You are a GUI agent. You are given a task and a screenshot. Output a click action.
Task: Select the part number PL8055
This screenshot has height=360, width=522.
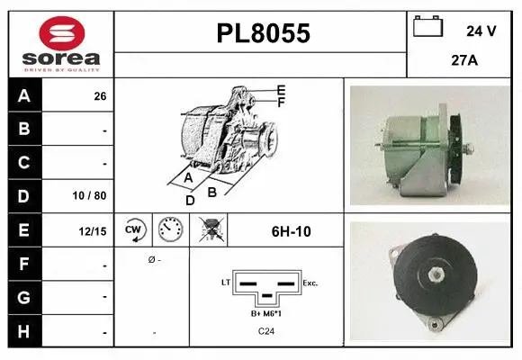[x=264, y=33]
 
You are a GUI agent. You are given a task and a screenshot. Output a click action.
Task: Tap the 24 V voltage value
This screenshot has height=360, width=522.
[x=481, y=30]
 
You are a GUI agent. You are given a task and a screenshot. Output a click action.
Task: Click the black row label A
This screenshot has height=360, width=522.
[x=23, y=95]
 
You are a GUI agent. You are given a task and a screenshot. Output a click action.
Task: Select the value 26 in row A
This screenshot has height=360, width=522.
[x=100, y=96]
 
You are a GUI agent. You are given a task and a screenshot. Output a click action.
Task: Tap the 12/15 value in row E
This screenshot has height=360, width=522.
[x=93, y=231]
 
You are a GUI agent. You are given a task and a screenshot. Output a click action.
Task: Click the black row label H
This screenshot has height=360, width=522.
[x=23, y=332]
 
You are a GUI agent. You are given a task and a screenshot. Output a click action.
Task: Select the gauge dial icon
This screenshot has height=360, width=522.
[x=170, y=231]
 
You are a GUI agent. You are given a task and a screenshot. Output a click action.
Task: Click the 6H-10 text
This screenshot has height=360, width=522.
[x=291, y=232]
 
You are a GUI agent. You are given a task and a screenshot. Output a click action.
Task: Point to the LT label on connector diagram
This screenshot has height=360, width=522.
[x=226, y=283]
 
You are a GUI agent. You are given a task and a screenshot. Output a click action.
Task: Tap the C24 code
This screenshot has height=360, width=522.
[x=266, y=332]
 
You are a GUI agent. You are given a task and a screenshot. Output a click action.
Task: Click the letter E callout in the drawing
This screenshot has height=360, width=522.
[x=281, y=90]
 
